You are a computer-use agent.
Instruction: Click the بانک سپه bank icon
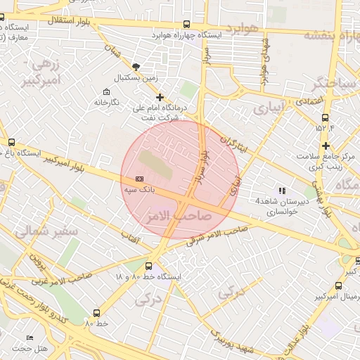[139, 179]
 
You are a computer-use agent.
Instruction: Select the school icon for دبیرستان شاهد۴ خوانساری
[282, 190]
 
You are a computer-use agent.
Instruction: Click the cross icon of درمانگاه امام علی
[160, 97]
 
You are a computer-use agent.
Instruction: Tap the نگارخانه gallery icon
[106, 92]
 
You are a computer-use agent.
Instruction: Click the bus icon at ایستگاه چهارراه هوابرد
[186, 24]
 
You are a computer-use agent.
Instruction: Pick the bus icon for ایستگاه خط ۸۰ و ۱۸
[148, 266]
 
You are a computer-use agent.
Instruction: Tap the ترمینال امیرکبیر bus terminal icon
[339, 285]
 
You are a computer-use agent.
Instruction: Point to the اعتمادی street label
[314, 101]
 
